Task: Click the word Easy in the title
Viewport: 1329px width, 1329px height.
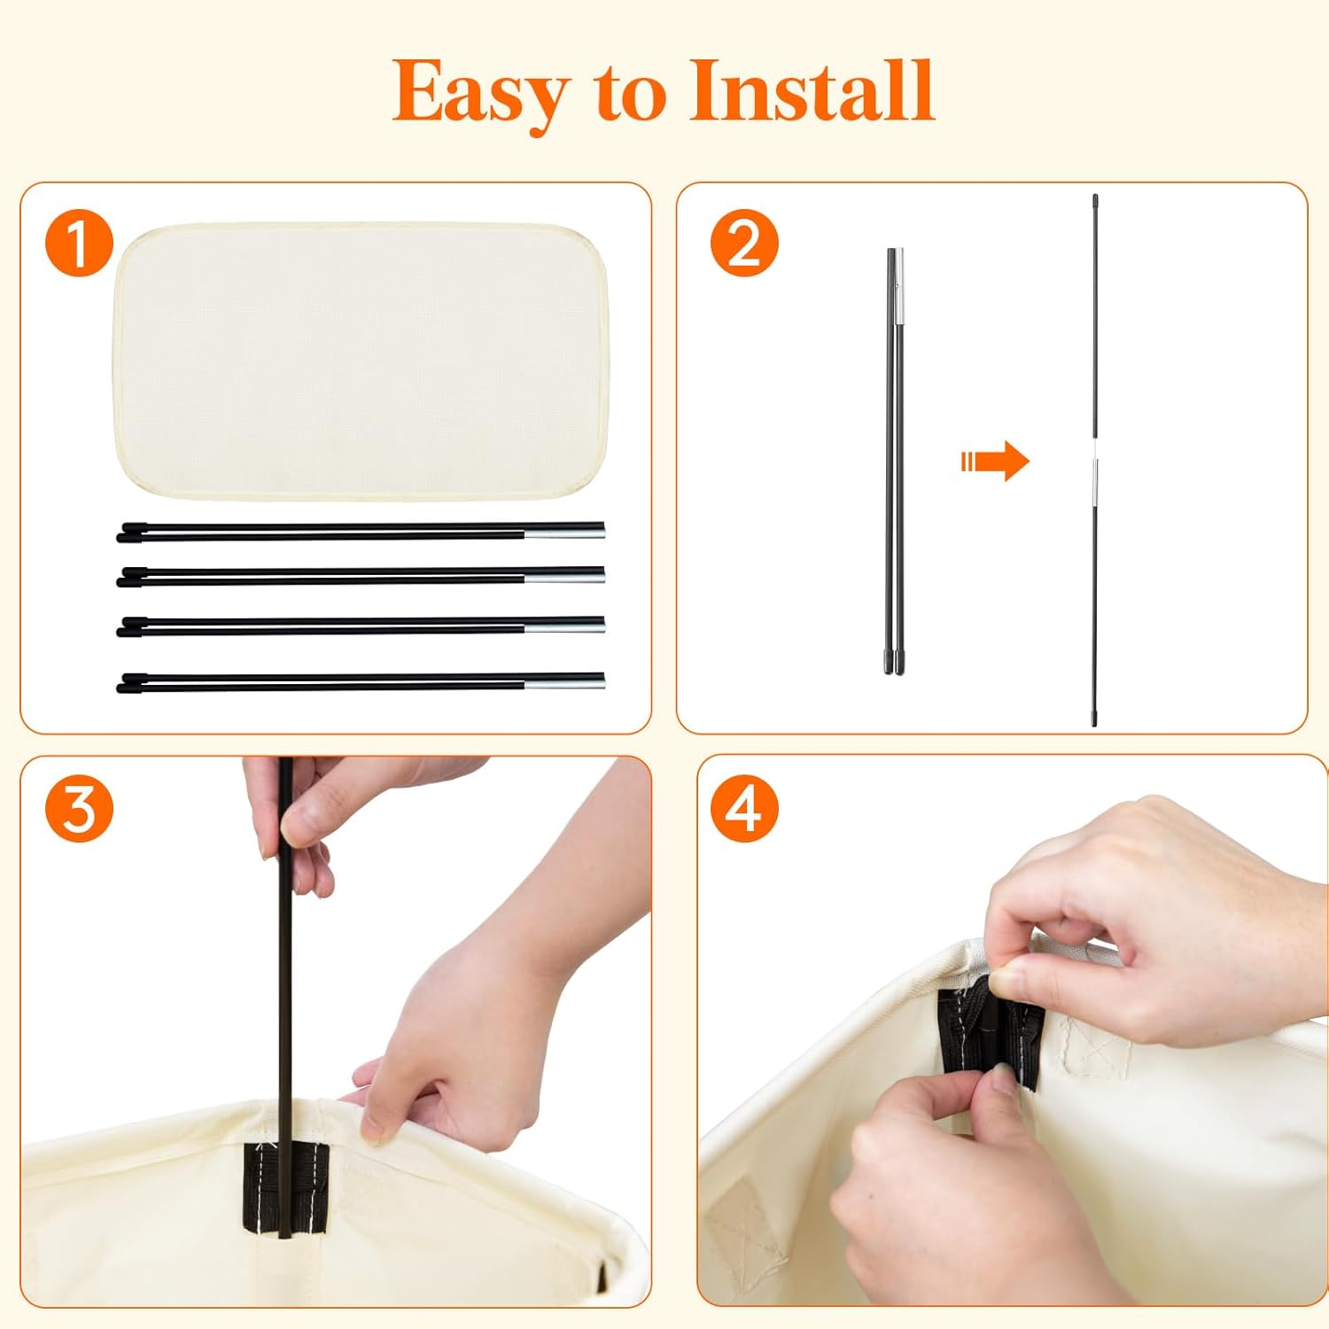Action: coord(480,92)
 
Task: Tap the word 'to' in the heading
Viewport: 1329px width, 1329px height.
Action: coord(630,96)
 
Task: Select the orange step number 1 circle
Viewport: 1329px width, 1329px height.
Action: coord(80,243)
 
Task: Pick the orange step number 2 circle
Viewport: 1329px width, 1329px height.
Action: coord(744,243)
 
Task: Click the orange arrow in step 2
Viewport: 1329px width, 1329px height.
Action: coord(995,461)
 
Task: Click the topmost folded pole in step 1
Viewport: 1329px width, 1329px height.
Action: coord(361,531)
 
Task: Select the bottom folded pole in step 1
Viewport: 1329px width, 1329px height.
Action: coord(361,681)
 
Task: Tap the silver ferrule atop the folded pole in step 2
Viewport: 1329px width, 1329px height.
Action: coord(898,286)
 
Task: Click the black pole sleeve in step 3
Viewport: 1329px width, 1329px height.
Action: coord(285,1188)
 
